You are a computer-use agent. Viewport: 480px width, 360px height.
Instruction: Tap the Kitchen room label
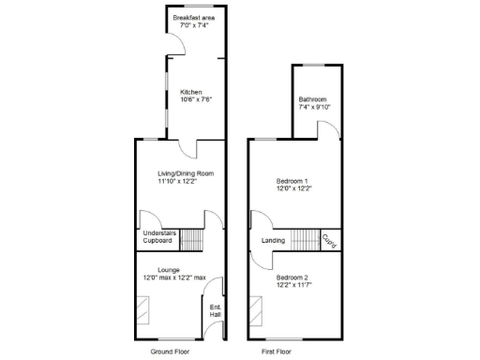click(x=191, y=92)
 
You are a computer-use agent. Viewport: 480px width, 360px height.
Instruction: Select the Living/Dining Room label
click(x=186, y=173)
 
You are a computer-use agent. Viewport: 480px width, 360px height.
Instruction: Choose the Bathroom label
click(x=312, y=100)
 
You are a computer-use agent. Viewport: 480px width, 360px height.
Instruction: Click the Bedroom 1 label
click(x=292, y=181)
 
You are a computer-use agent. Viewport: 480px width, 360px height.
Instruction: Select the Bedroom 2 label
click(x=292, y=277)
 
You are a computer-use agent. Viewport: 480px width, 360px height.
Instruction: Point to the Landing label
click(x=273, y=241)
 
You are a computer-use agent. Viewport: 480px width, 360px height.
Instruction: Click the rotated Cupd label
click(x=329, y=240)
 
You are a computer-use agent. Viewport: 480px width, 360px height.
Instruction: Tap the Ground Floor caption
click(x=170, y=352)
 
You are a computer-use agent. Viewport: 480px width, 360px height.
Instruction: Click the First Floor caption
click(x=276, y=352)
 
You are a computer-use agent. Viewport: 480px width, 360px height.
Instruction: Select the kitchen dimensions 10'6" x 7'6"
click(x=191, y=99)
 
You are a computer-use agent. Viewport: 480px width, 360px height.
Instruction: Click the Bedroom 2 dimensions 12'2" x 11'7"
click(x=292, y=285)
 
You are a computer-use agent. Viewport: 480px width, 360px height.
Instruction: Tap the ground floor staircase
click(x=192, y=240)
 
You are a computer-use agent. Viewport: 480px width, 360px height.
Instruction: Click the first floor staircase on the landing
click(x=306, y=240)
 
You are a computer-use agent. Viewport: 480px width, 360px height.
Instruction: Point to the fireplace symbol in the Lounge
click(x=144, y=307)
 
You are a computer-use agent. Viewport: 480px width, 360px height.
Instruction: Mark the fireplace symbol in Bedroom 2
click(x=256, y=307)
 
